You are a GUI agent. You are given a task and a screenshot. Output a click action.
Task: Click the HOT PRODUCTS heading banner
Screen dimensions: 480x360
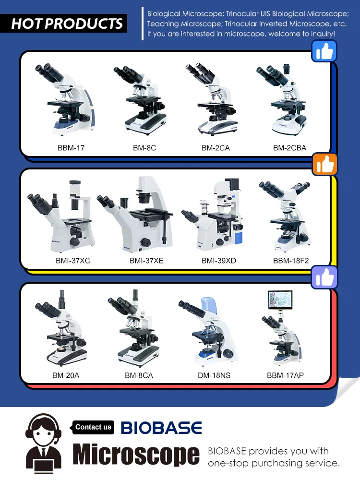[x=67, y=23]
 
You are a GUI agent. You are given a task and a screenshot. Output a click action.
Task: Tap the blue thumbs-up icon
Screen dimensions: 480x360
[x=324, y=51]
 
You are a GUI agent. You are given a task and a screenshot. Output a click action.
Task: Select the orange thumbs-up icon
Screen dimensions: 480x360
[x=325, y=165]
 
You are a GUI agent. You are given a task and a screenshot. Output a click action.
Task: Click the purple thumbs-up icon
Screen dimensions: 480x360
[x=324, y=277]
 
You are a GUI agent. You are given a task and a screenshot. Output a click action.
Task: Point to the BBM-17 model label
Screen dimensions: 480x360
[x=71, y=148]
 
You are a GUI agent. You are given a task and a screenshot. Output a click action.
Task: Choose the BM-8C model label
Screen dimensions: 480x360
[x=144, y=148]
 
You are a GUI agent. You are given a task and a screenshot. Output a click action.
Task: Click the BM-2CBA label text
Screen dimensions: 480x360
[x=289, y=148]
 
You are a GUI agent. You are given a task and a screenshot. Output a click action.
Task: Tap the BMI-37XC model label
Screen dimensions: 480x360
[x=72, y=261]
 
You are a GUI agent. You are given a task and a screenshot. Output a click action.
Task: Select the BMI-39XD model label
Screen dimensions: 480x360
[x=219, y=261]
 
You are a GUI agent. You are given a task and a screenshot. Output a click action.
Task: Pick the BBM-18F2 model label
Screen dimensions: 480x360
[x=291, y=261]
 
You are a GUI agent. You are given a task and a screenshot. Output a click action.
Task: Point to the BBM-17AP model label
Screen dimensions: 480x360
[x=285, y=375]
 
